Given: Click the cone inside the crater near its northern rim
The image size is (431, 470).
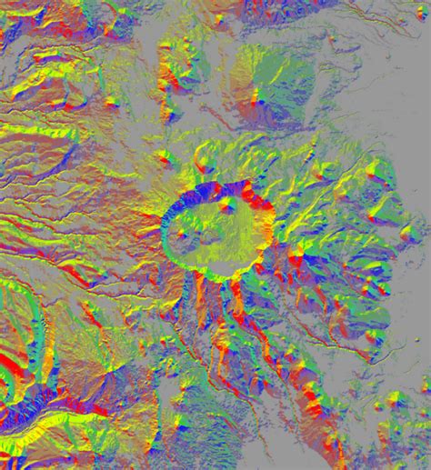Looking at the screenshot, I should point(226,205).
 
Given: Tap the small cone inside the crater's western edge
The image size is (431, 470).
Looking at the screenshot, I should point(181,235).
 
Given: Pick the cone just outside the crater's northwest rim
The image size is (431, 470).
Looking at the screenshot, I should point(202,165).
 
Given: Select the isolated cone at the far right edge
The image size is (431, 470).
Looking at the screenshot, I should point(406,234).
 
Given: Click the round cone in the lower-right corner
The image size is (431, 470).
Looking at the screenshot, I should point(395,400).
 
